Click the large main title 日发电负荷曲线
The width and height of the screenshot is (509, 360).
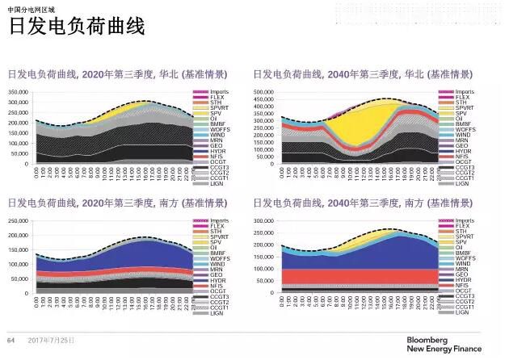click(76, 28)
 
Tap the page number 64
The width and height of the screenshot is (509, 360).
click(11, 339)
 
